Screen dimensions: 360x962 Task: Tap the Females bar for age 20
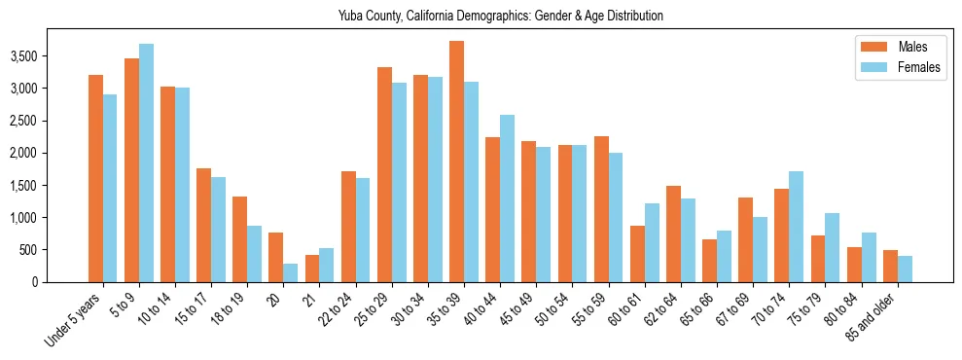[x=291, y=272]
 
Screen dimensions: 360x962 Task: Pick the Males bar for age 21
[x=312, y=269]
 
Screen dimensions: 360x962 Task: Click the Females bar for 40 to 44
[x=507, y=198]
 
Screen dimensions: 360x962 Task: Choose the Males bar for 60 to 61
[x=637, y=254]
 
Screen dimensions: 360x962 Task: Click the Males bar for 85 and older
[x=890, y=266]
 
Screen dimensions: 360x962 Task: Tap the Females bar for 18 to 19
[x=254, y=254]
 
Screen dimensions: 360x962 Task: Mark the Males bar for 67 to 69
[x=745, y=239]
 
